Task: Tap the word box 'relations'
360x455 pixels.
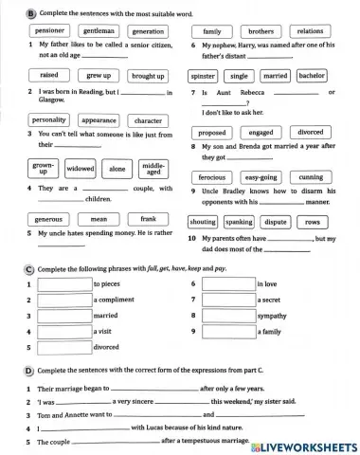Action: tap(310, 30)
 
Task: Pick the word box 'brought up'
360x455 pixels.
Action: tap(148, 76)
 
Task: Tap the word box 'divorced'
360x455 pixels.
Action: tap(310, 133)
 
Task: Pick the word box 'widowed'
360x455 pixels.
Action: tap(81, 169)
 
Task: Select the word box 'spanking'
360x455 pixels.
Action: tap(239, 222)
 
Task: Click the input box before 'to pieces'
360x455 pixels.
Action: tap(63, 283)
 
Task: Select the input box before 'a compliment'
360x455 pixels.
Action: tap(63, 300)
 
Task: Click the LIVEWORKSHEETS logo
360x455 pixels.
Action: tap(301, 445)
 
